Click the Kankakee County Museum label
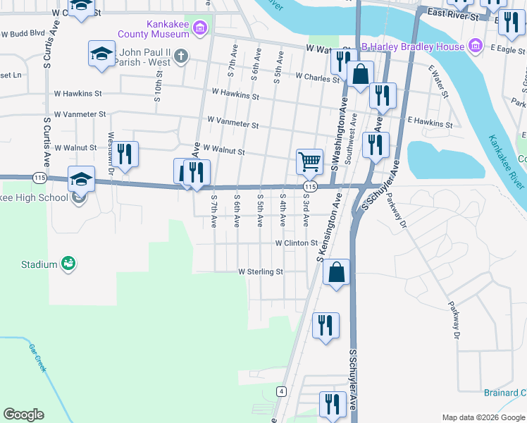169,28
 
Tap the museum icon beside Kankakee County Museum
201,28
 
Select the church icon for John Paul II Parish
181,56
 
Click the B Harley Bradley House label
413,47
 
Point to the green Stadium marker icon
68,264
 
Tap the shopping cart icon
309,161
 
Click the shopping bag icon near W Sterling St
337,272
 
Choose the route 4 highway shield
281,391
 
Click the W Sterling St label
261,271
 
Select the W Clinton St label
297,243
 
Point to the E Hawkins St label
430,124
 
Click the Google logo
23,415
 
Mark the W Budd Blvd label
23,33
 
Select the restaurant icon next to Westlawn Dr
126,154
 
